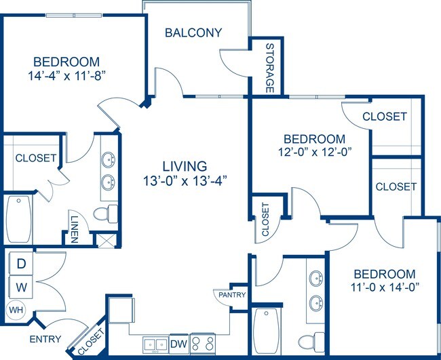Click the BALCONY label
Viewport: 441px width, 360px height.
pos(193,33)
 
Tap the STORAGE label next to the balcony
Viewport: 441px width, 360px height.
pos(269,68)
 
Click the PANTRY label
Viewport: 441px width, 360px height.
pos(230,295)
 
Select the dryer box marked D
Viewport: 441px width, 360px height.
pos(21,263)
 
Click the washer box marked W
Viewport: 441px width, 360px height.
pos(21,287)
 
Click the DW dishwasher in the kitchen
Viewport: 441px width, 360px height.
pos(178,343)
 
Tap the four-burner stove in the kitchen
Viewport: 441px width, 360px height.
pos(203,343)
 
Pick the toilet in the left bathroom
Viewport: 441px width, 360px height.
pos(102,215)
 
